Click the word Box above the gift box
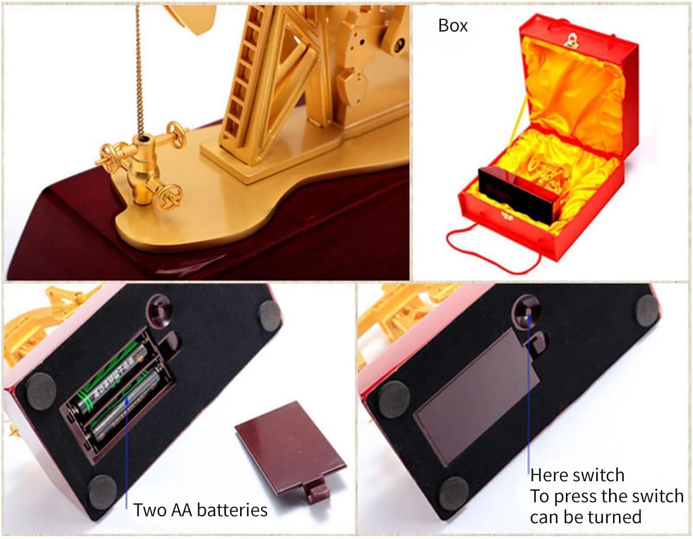452,26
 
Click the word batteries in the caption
232,510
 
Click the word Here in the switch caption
547,475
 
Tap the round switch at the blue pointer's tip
527,310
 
